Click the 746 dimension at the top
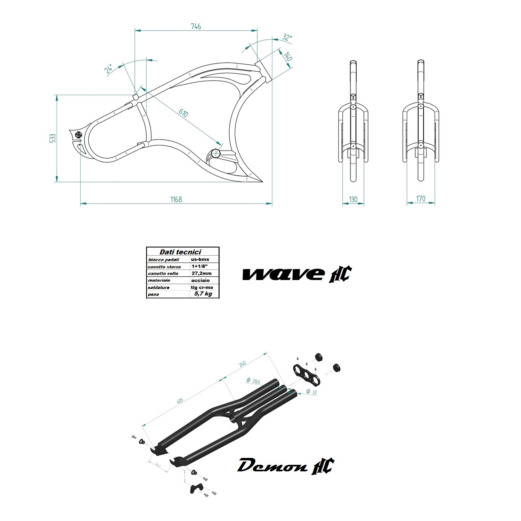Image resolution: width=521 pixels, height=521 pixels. (196, 26)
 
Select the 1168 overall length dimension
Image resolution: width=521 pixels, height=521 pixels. (176, 199)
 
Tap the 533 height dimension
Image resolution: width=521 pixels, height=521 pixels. (52, 138)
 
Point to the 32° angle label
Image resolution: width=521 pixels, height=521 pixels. (287, 38)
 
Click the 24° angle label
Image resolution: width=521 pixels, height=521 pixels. (109, 69)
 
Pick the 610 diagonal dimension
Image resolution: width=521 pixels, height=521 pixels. (183, 113)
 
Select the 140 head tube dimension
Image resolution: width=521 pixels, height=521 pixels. (287, 56)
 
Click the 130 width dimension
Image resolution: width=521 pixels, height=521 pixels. (353, 199)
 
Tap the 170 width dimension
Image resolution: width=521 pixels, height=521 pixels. (421, 199)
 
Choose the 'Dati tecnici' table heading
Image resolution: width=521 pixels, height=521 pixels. (180, 252)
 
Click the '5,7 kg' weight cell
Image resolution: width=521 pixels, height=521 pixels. (203, 293)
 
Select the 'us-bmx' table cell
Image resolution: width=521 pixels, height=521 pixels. (200, 259)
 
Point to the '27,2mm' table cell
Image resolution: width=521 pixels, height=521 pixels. (201, 273)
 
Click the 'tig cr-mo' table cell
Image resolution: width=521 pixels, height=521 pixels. (202, 287)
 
